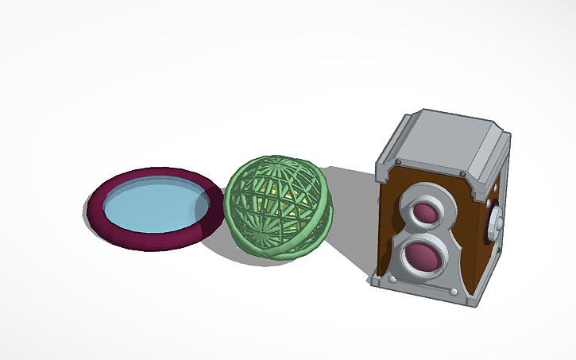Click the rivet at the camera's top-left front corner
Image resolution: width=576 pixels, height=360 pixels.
point(396,165)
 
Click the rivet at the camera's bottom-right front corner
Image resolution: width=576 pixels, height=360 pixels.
point(454,295)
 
